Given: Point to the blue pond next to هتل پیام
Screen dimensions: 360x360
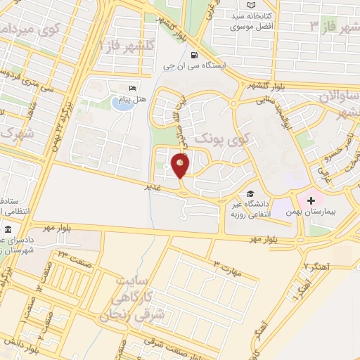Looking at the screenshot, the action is tap(117, 104).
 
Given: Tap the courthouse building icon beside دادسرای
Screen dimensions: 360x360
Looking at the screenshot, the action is tap(8, 231).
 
